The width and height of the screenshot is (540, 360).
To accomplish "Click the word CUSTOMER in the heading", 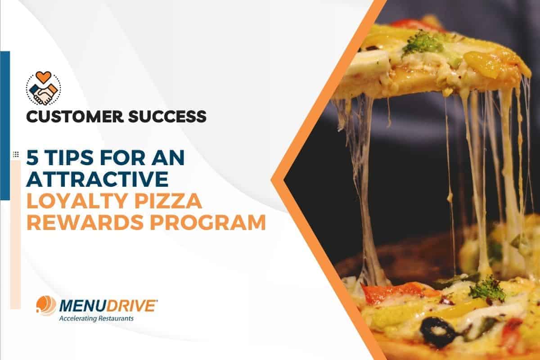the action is (75, 117).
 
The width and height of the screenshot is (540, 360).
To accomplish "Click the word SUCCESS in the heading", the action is (167, 117).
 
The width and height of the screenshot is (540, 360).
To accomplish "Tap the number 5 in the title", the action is (32, 157).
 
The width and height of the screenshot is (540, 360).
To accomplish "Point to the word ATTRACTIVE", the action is (97, 179).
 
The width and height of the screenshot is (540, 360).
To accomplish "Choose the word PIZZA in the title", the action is (168, 201).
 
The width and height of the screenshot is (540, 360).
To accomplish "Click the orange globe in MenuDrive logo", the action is (46, 306).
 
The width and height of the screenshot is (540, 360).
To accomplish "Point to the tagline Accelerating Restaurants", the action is (96, 319).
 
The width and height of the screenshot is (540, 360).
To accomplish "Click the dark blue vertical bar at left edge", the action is (5, 126).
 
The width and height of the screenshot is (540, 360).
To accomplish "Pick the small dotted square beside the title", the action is (16, 154).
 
